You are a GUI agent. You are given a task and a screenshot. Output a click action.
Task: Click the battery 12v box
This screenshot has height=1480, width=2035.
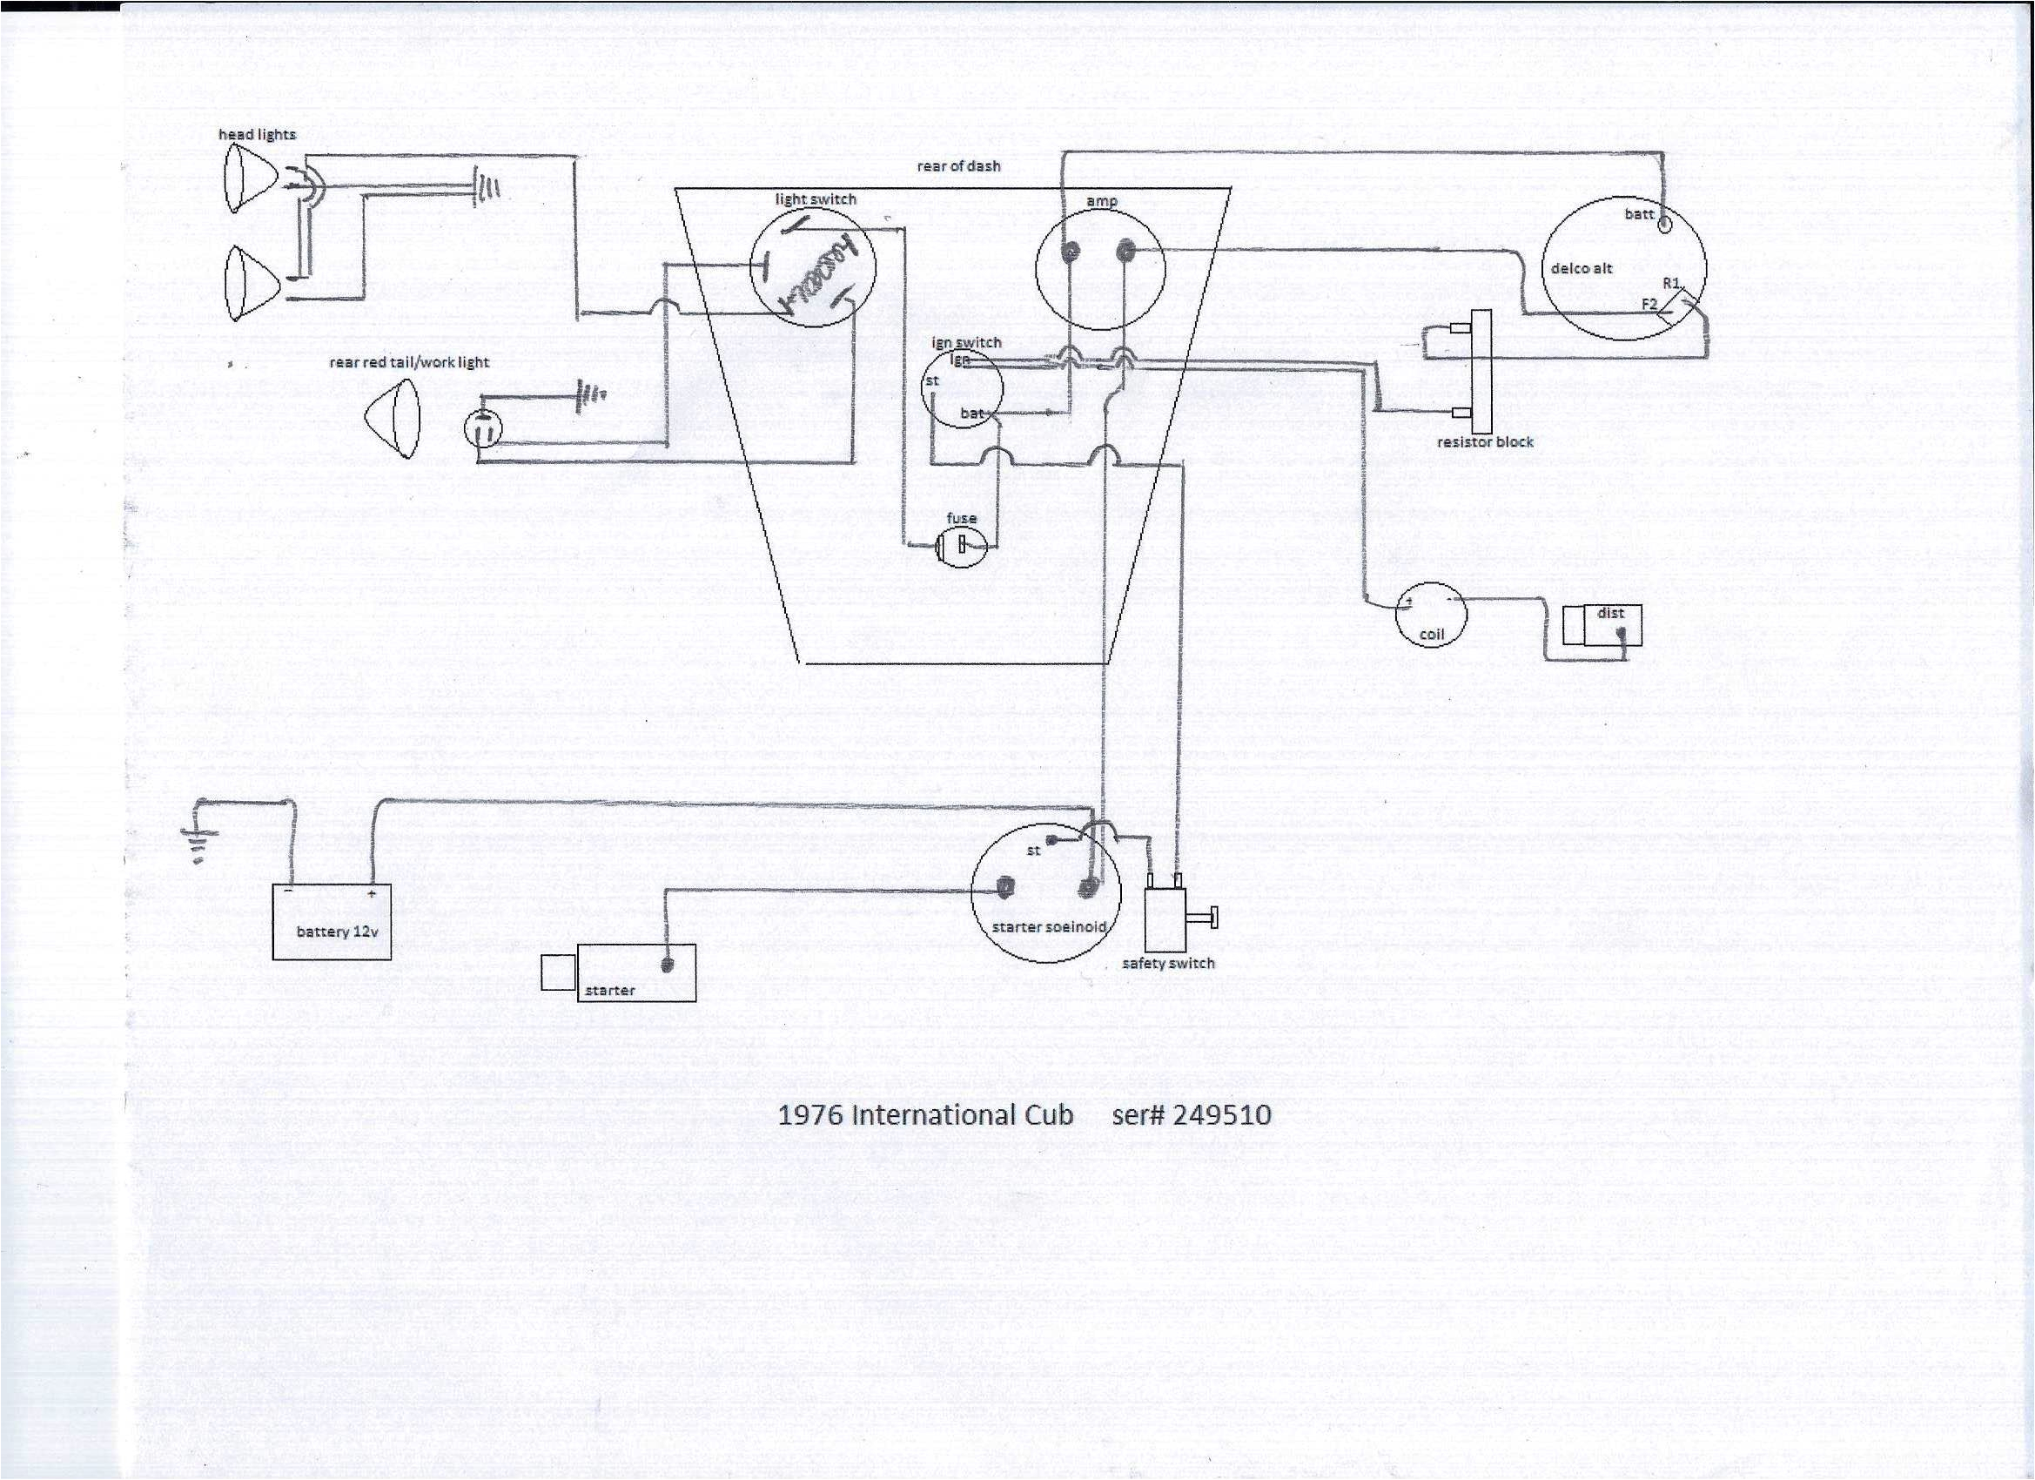click(x=331, y=922)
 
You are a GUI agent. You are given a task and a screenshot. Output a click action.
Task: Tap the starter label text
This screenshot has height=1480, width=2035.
click(x=609, y=990)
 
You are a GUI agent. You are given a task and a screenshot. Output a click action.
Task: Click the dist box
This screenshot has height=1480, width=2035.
click(x=1602, y=625)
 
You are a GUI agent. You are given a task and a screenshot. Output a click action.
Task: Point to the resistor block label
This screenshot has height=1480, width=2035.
click(x=1484, y=441)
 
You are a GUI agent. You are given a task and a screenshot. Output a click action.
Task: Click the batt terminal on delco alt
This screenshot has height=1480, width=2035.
click(x=1663, y=225)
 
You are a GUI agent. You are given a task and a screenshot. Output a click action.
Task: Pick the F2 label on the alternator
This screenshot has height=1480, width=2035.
click(x=1649, y=304)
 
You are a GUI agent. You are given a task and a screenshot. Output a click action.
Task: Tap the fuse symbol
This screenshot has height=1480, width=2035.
click(x=961, y=544)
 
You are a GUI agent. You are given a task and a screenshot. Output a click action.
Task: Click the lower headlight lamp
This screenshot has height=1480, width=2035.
click(x=246, y=283)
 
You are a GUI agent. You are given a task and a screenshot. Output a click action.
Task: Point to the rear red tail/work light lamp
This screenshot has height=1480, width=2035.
click(x=392, y=418)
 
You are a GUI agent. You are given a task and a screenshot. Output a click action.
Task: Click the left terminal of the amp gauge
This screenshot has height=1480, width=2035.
click(x=1070, y=254)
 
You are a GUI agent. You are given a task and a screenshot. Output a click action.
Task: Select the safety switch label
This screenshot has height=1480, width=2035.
click(x=1168, y=963)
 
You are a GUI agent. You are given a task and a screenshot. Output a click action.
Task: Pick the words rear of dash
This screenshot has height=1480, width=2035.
click(x=958, y=166)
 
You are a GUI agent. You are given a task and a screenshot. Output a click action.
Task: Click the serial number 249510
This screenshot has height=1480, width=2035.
click(x=1222, y=1114)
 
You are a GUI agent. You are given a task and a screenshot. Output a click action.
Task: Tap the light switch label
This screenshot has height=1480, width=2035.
click(x=816, y=199)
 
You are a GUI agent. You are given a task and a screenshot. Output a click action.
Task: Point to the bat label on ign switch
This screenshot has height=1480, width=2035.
click(x=971, y=413)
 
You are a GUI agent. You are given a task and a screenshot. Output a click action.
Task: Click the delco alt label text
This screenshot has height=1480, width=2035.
click(x=1581, y=268)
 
